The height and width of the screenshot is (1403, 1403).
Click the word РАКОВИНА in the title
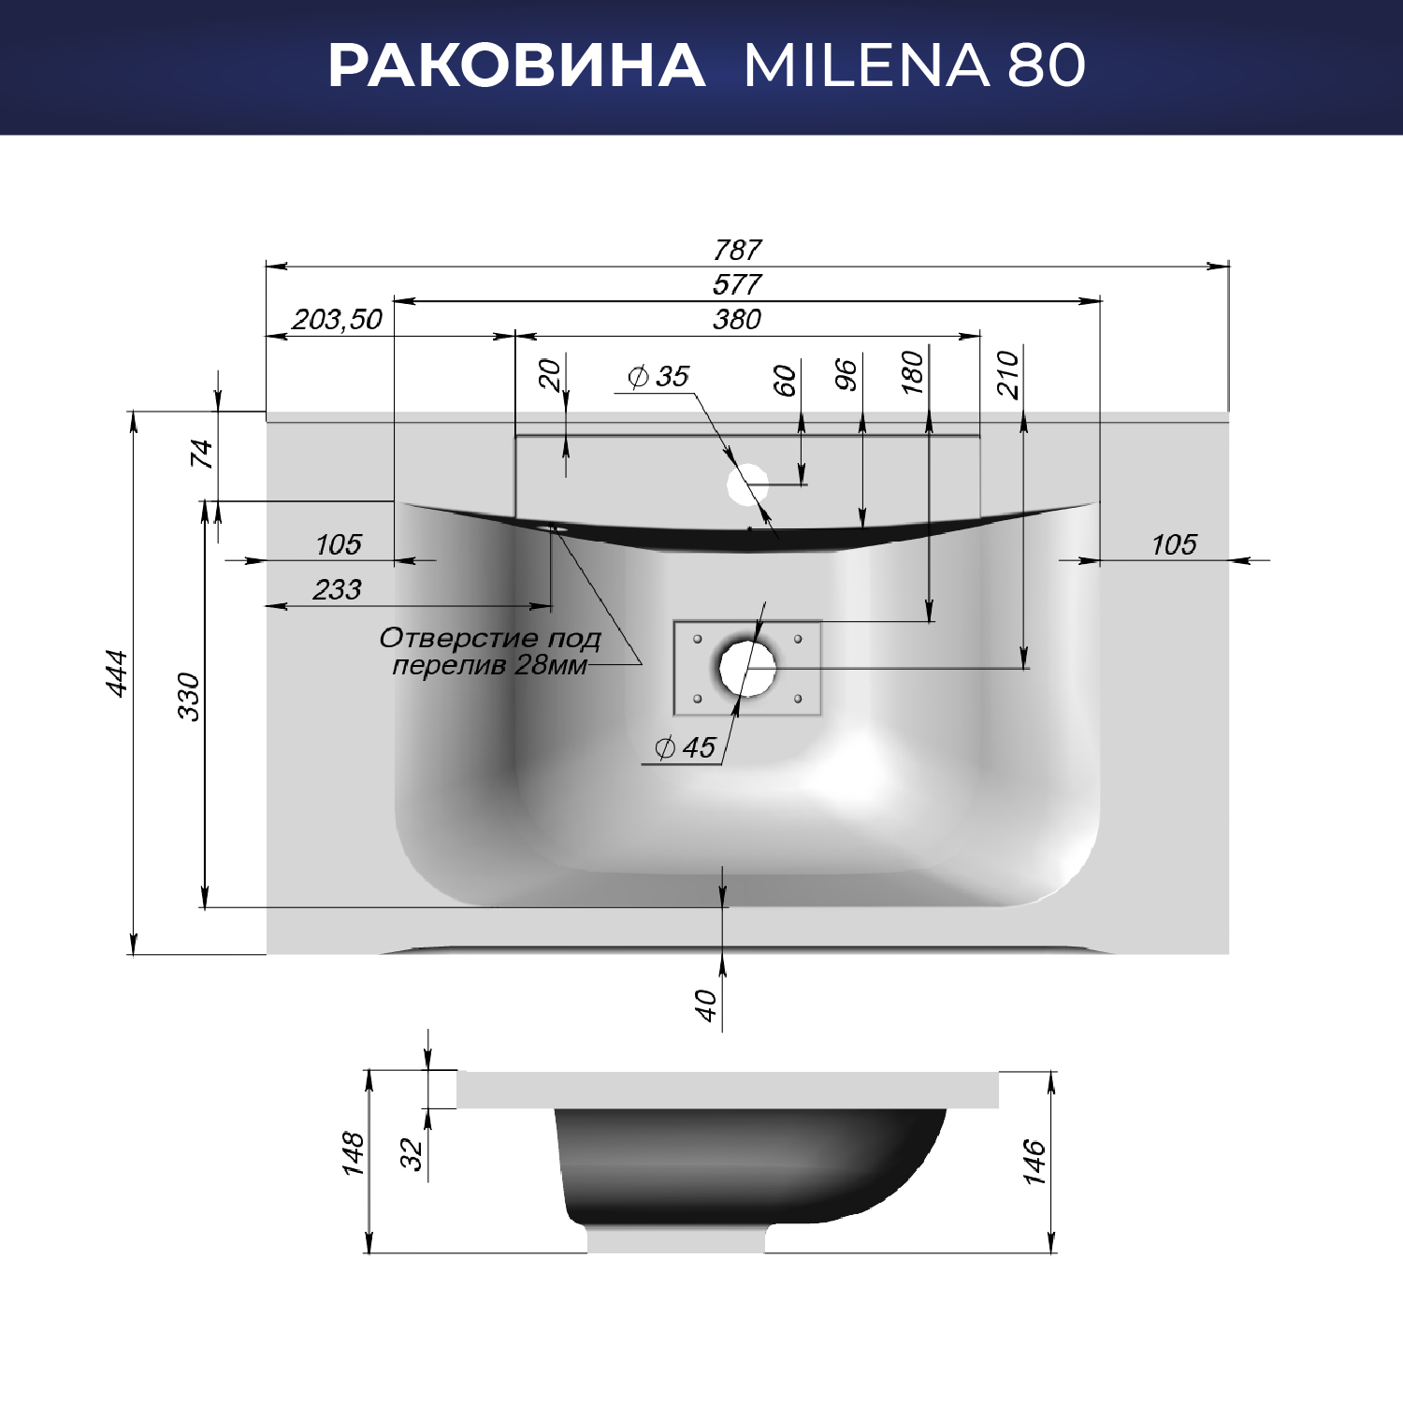pyautogui.click(x=516, y=65)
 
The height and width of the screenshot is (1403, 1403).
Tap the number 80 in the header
pyautogui.click(x=1047, y=65)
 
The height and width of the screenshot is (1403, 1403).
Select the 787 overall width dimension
pyautogui.click(x=737, y=250)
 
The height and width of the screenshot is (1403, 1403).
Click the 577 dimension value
pyautogui.click(x=737, y=284)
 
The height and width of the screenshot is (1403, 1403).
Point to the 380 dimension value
pyautogui.click(x=737, y=319)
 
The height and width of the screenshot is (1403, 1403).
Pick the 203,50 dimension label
pyautogui.click(x=338, y=320)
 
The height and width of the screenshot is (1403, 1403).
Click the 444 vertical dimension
pyautogui.click(x=116, y=673)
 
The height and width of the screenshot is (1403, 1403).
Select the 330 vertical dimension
pyautogui.click(x=189, y=697)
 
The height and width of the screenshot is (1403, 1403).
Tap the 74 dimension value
pyautogui.click(x=202, y=455)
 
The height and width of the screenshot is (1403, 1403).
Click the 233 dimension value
pyautogui.click(x=338, y=589)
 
